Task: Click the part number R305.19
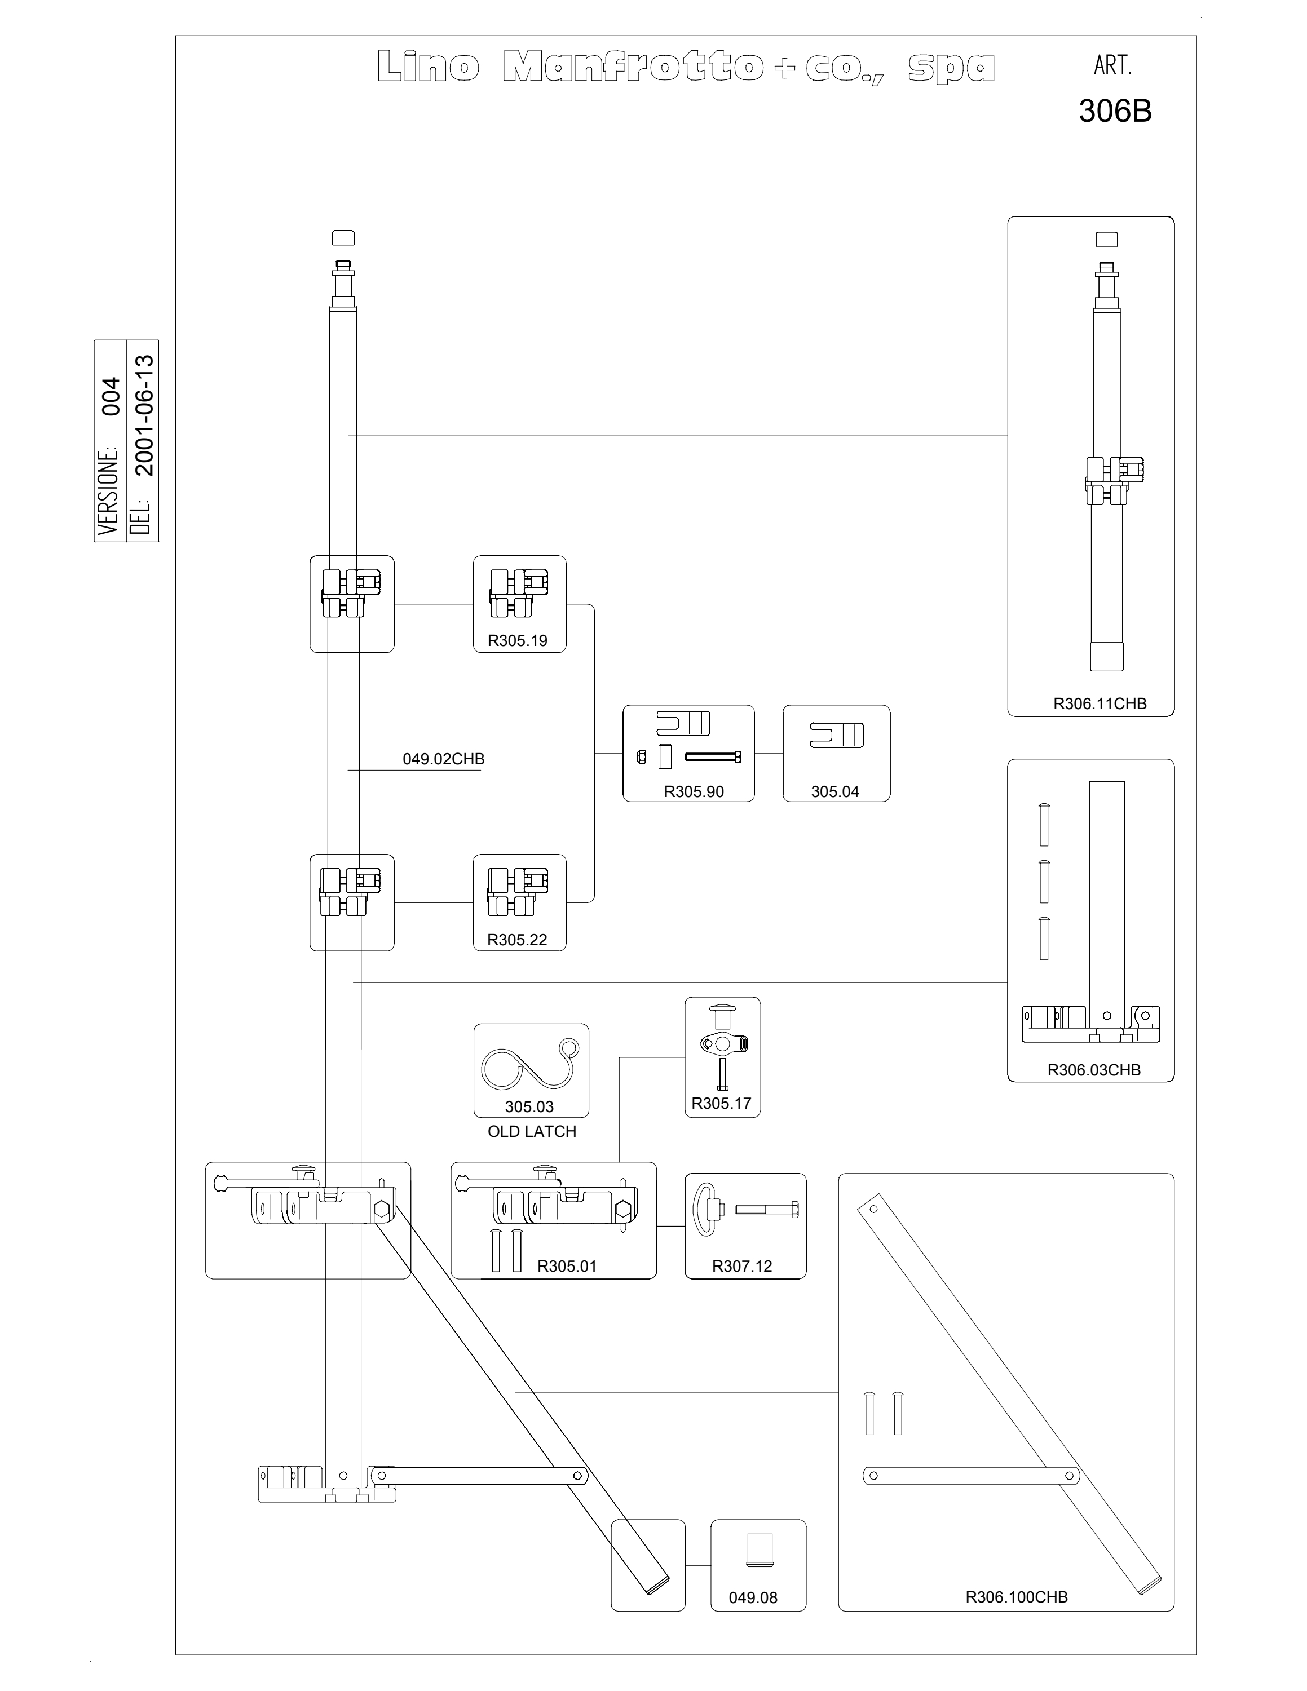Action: pyautogui.click(x=517, y=640)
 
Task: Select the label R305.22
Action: pyautogui.click(x=517, y=940)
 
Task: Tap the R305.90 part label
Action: pyautogui.click(x=694, y=791)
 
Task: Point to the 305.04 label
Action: pyautogui.click(x=834, y=791)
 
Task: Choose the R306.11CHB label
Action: pyautogui.click(x=1100, y=704)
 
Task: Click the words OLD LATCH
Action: pyautogui.click(x=532, y=1131)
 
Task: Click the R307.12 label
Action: pyautogui.click(x=743, y=1266)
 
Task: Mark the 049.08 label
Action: pyautogui.click(x=753, y=1597)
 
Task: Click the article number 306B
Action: pyautogui.click(x=1115, y=112)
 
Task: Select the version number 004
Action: pyautogui.click(x=112, y=396)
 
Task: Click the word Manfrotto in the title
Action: pyautogui.click(x=633, y=68)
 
